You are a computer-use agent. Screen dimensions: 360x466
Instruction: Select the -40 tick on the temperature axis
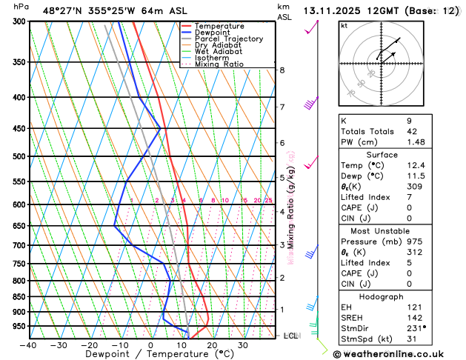(28, 345)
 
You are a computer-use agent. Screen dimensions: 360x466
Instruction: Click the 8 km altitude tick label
(282, 70)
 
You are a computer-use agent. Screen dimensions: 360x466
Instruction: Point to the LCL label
(291, 336)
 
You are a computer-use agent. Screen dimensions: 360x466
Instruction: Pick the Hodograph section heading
(382, 296)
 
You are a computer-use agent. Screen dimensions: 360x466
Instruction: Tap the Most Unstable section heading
(382, 230)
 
